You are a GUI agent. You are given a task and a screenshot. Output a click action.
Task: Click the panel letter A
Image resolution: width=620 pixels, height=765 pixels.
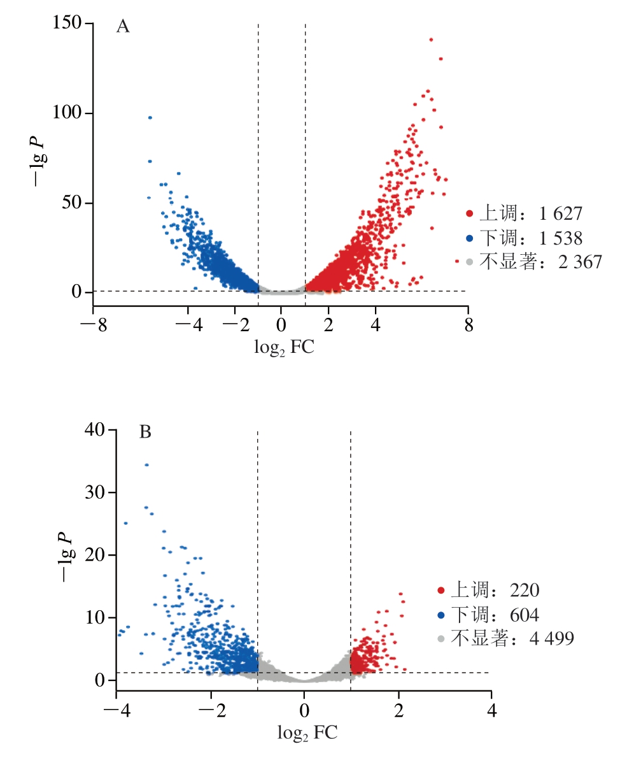pyautogui.click(x=123, y=27)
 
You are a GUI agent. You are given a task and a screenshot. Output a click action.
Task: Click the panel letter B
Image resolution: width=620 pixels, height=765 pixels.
pyautogui.click(x=145, y=433)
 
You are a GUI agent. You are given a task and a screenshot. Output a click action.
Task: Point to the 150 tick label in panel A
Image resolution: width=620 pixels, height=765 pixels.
pyautogui.click(x=68, y=24)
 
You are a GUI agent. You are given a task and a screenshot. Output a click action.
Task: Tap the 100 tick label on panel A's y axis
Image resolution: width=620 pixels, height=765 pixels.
pyautogui.click(x=68, y=113)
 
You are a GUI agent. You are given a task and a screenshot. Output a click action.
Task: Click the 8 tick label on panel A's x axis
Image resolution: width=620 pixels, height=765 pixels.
pyautogui.click(x=469, y=326)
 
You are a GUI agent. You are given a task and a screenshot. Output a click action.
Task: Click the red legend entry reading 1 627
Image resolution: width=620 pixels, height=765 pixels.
pyautogui.click(x=524, y=213)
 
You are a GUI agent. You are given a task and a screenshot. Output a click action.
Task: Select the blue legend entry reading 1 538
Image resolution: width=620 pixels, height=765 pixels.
pyautogui.click(x=524, y=238)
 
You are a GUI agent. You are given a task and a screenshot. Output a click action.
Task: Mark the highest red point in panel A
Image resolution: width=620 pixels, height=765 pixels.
pyautogui.click(x=431, y=39)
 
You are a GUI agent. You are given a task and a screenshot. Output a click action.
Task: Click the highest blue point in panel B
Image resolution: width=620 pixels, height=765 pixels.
pyautogui.click(x=146, y=465)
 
